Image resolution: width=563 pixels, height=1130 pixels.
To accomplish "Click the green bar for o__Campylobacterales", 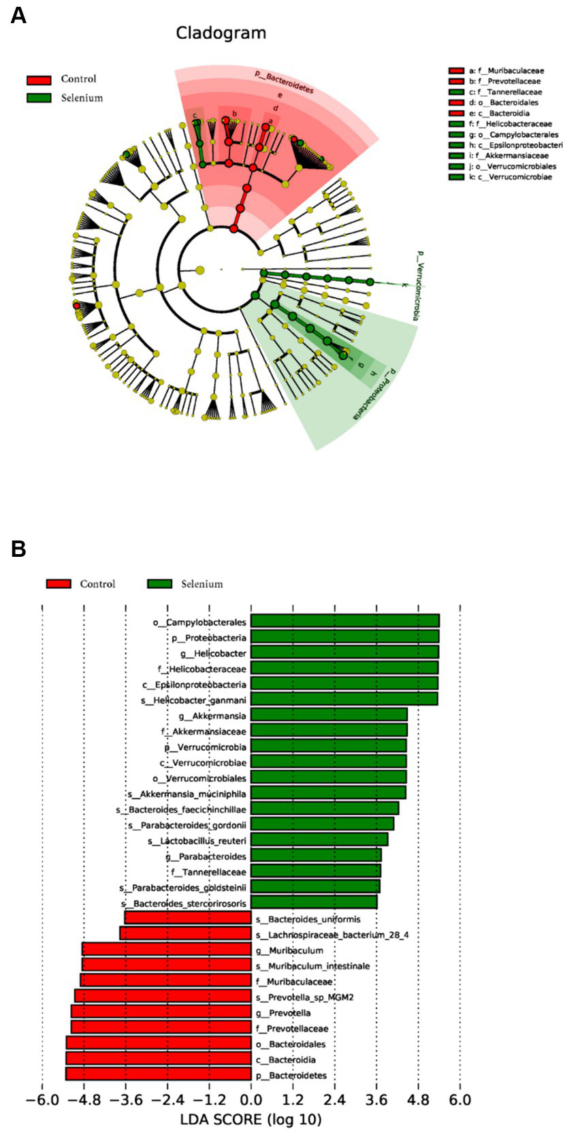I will pos(344,620).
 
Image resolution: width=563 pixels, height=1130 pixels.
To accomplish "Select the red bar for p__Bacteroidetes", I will pos(158,1075).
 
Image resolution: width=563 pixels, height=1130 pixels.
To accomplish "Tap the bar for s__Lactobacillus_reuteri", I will pos(319,840).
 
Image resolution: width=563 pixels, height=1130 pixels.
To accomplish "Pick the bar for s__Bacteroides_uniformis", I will pos(188,918).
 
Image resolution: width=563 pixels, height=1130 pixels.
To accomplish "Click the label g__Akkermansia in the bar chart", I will pos(212,716).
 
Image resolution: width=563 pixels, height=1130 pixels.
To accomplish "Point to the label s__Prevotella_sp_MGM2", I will pos(304,997).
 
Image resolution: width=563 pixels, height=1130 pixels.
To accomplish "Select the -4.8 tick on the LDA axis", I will pos(83,1100).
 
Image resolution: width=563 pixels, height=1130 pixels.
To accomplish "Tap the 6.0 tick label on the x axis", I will pos(460,1100).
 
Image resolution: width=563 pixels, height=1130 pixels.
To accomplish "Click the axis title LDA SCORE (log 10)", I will pos(251,1119).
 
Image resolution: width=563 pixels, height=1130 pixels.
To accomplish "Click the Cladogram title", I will pos(221,33).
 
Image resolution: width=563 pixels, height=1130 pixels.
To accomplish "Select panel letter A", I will pos(18,15).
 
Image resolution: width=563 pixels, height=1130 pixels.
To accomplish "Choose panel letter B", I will pos(18,549).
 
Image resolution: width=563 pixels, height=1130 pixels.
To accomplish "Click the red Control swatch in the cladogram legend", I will pos(39,80).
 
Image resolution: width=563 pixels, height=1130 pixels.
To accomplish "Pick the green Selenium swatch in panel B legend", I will pos(159,584).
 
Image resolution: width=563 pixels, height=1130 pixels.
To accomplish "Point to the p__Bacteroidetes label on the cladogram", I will pos(284,81).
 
